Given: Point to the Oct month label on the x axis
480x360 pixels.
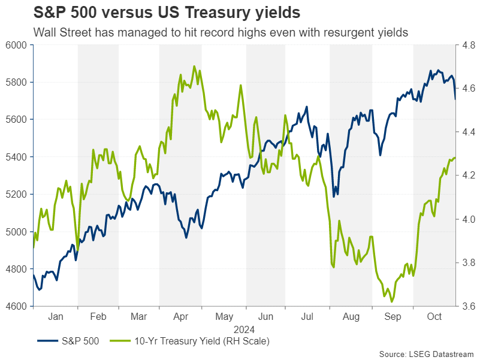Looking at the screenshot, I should [435, 316].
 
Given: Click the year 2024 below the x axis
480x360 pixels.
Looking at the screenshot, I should [244, 329].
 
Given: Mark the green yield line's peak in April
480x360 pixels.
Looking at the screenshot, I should [194, 66].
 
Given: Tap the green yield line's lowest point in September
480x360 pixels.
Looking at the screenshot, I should [391, 302].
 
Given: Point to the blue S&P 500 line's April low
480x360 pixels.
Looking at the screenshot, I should [186, 238].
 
